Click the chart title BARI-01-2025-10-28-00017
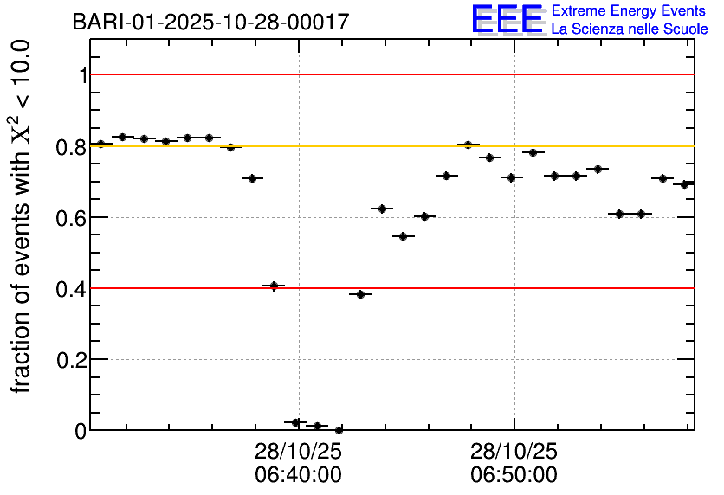[211, 22]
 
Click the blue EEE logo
[508, 19]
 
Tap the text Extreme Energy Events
[630, 11]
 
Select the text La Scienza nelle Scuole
[630, 29]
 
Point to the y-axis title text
[23, 216]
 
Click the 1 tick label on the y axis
[83, 76]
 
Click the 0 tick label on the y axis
[81, 431]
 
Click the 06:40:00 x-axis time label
[298, 474]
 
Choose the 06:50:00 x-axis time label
[514, 474]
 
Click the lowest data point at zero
[339, 430]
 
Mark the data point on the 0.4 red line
[274, 286]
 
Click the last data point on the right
[684, 184]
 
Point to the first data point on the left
[100, 144]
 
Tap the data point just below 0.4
[360, 294]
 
